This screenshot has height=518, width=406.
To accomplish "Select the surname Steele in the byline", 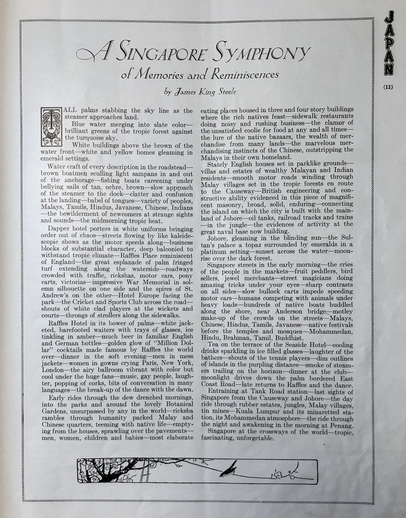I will (x=224, y=92).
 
